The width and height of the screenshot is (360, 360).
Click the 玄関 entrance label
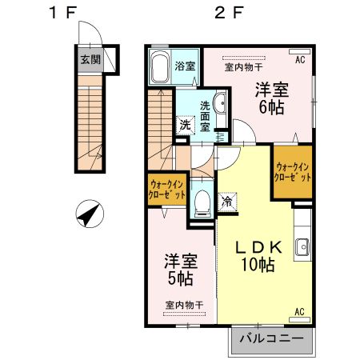click(x=89, y=58)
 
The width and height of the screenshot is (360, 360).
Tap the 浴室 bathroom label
click(x=185, y=66)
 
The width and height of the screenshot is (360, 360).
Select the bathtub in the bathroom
click(x=158, y=67)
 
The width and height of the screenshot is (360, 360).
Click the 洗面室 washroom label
click(x=206, y=116)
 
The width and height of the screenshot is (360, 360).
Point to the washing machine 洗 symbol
click(x=185, y=125)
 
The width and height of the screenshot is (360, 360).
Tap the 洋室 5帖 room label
click(x=180, y=270)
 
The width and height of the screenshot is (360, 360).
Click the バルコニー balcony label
click(x=271, y=339)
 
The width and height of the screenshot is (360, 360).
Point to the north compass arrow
click(x=90, y=214)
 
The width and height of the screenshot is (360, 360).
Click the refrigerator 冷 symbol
click(x=227, y=203)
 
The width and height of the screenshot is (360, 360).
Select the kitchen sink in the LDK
click(x=302, y=247)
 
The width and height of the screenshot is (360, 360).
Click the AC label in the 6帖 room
click(x=301, y=60)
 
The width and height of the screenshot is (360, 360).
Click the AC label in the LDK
click(x=301, y=311)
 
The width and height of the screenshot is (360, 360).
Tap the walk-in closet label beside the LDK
click(x=292, y=171)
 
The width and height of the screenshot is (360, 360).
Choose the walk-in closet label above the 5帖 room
click(x=167, y=190)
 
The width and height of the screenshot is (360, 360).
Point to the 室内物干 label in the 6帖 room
click(x=242, y=67)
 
